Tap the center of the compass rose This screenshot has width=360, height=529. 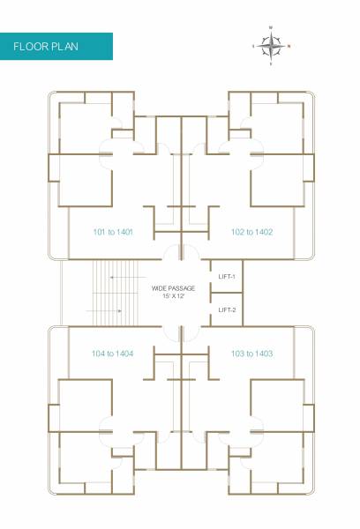click(x=272, y=44)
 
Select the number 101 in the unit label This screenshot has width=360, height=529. click(x=100, y=232)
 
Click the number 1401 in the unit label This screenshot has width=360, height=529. click(x=124, y=232)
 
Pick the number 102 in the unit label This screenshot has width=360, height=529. click(x=238, y=232)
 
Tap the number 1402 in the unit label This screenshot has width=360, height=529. click(x=263, y=232)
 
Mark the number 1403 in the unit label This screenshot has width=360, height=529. click(x=263, y=353)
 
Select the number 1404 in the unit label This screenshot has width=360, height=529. click(x=124, y=353)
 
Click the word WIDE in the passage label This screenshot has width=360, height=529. click(x=160, y=288)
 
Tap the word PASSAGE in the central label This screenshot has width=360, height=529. click(x=182, y=288)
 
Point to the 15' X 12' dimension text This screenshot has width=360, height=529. click(x=173, y=296)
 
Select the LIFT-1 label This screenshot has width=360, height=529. click(x=227, y=277)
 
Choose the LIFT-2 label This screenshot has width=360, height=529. click(x=227, y=309)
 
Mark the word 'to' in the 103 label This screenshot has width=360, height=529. click(x=249, y=353)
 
